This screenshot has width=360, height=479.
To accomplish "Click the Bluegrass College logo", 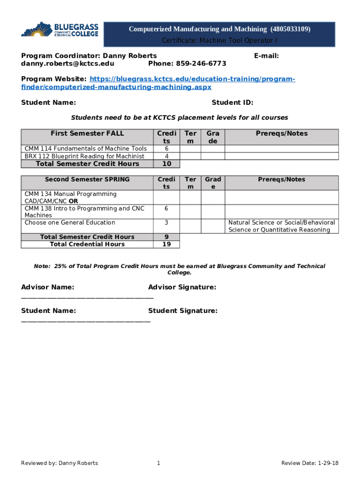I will click(x=59, y=29).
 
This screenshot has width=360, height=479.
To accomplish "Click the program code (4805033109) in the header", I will click(x=290, y=29).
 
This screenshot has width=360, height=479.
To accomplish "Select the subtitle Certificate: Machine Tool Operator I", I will click(x=219, y=41).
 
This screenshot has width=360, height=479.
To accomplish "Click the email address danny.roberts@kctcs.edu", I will click(x=67, y=63).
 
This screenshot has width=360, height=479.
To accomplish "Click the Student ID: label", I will click(x=232, y=103).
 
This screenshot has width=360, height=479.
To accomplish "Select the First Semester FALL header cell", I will click(x=87, y=133).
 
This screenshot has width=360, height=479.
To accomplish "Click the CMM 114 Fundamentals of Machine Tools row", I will click(x=86, y=149).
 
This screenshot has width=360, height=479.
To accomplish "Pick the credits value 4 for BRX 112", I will click(x=166, y=156).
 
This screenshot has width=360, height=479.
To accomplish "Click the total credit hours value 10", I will click(x=166, y=164).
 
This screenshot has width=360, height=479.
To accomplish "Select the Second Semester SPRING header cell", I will click(x=87, y=179).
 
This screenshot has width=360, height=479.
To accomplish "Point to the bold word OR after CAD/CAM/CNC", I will click(x=73, y=201).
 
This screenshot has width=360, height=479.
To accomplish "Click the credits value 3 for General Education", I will click(x=166, y=223).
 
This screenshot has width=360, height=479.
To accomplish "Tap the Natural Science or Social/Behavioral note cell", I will click(x=281, y=226).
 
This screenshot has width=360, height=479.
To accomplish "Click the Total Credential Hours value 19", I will click(x=166, y=244).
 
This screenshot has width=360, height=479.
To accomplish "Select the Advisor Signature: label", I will click(x=182, y=287).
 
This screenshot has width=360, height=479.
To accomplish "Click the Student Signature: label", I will click(x=182, y=311).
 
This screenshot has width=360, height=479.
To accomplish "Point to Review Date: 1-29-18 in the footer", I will click(x=310, y=463).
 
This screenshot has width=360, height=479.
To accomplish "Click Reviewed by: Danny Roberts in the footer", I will click(x=59, y=463).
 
